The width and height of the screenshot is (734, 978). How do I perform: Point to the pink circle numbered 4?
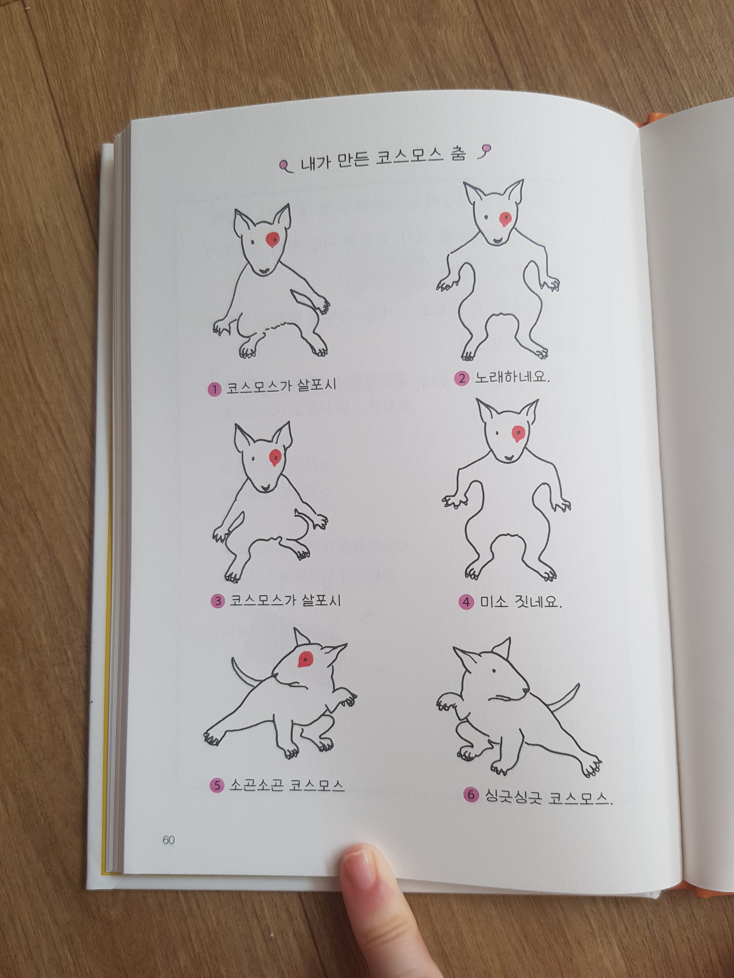click(466, 602)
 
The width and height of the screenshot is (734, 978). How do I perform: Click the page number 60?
click(168, 840)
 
